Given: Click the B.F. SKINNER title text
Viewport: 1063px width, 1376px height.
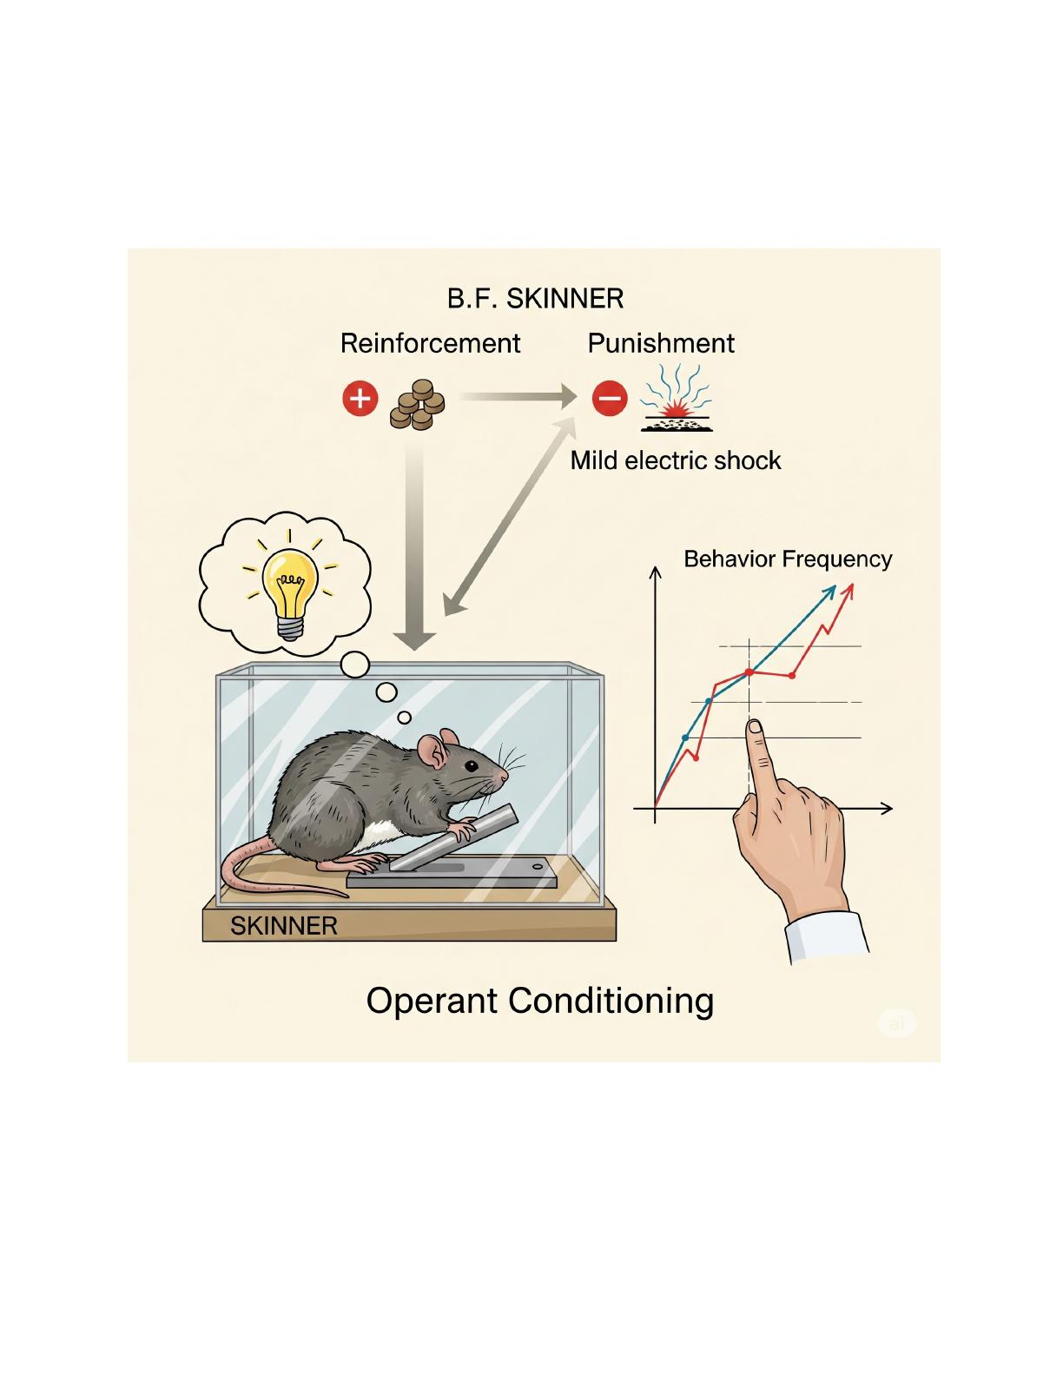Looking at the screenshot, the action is point(535,299).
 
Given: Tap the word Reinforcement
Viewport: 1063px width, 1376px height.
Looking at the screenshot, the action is point(430,343).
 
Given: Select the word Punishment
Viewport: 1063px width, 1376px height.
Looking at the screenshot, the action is point(661,343).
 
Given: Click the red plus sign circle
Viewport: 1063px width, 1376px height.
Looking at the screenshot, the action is point(360,399).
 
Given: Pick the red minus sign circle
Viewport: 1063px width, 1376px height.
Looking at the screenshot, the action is point(610,399).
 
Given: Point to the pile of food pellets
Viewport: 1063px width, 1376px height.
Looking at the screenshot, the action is point(417,405).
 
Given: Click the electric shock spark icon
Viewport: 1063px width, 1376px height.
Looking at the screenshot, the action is point(677,398).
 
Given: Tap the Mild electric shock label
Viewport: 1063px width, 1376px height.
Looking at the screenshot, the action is point(676,460).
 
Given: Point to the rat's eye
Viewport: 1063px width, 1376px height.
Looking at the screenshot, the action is point(471,765).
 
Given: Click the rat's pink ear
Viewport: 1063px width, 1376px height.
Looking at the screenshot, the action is point(432,751).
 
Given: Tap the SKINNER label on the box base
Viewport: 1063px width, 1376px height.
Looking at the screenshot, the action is point(284,926).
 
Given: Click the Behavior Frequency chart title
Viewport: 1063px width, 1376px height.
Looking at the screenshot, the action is point(788,559).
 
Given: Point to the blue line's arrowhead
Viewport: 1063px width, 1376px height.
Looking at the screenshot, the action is point(830,592).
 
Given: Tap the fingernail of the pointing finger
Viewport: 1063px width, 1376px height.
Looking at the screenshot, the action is point(755,727).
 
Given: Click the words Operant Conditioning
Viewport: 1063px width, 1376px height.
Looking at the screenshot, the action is point(540,1001).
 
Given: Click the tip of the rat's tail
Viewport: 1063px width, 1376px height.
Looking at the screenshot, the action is point(347,896).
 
